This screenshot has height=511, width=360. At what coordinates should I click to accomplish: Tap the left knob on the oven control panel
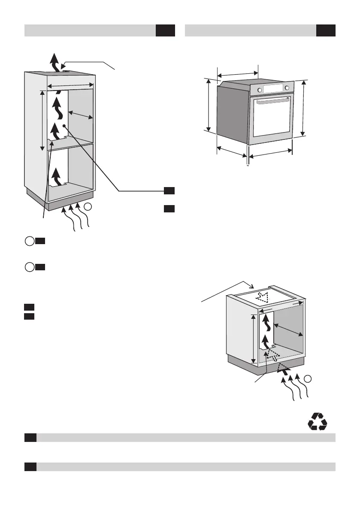pyautogui.click(x=259, y=90)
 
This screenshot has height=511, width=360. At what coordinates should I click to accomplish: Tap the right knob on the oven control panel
pyautogui.click(x=287, y=88)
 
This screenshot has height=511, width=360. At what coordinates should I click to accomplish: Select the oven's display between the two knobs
pyautogui.click(x=273, y=89)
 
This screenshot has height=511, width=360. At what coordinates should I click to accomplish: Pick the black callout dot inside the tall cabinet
pyautogui.click(x=64, y=126)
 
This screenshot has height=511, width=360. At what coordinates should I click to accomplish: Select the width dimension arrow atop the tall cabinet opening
pyautogui.click(x=70, y=85)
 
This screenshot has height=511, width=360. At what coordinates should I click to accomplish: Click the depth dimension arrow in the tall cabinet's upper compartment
pyautogui.click(x=81, y=114)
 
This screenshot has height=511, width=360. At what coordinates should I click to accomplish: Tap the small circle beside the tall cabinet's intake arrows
pyautogui.click(x=88, y=207)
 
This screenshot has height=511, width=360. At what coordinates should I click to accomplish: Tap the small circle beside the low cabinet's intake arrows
pyautogui.click(x=308, y=378)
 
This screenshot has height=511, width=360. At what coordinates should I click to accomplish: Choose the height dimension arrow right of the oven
pyautogui.click(x=303, y=108)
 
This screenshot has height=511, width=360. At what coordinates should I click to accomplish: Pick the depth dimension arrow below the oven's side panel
pyautogui.click(x=232, y=151)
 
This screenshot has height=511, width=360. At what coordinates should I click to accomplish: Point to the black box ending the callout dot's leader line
pyautogui.click(x=169, y=190)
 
